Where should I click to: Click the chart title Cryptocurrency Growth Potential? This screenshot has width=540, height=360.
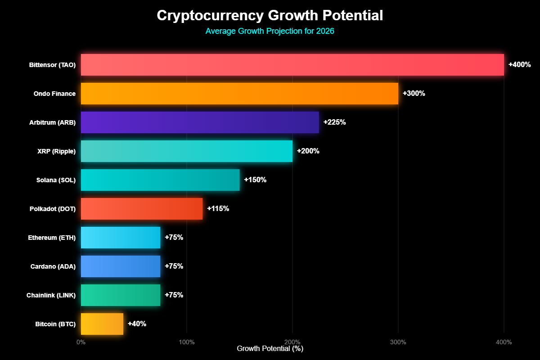click(270, 16)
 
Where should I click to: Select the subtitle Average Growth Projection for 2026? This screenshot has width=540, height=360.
click(270, 31)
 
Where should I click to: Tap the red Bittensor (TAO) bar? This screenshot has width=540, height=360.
click(292, 65)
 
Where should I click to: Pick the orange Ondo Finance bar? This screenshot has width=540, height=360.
click(239, 94)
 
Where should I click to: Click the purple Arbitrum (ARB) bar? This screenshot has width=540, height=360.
click(200, 122)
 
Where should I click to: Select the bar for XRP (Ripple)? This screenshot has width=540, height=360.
click(187, 151)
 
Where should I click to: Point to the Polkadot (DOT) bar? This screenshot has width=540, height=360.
click(142, 209)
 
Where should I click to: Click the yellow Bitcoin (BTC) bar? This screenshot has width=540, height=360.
click(102, 324)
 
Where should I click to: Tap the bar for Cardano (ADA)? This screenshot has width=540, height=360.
click(121, 266)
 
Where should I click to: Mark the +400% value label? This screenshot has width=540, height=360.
click(520, 65)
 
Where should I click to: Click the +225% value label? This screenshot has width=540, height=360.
click(334, 122)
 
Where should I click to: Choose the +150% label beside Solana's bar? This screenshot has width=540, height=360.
click(255, 180)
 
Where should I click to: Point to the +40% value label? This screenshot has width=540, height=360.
click(137, 324)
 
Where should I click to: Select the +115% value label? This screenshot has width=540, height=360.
click(218, 209)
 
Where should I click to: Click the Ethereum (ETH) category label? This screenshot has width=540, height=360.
click(52, 238)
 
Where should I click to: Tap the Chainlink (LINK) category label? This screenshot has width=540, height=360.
click(51, 295)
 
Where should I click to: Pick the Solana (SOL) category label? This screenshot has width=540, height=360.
click(56, 180)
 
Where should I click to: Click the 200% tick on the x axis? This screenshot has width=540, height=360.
click(292, 342)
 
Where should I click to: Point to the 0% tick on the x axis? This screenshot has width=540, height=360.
click(81, 342)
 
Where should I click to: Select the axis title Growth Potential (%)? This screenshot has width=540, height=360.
click(270, 349)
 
